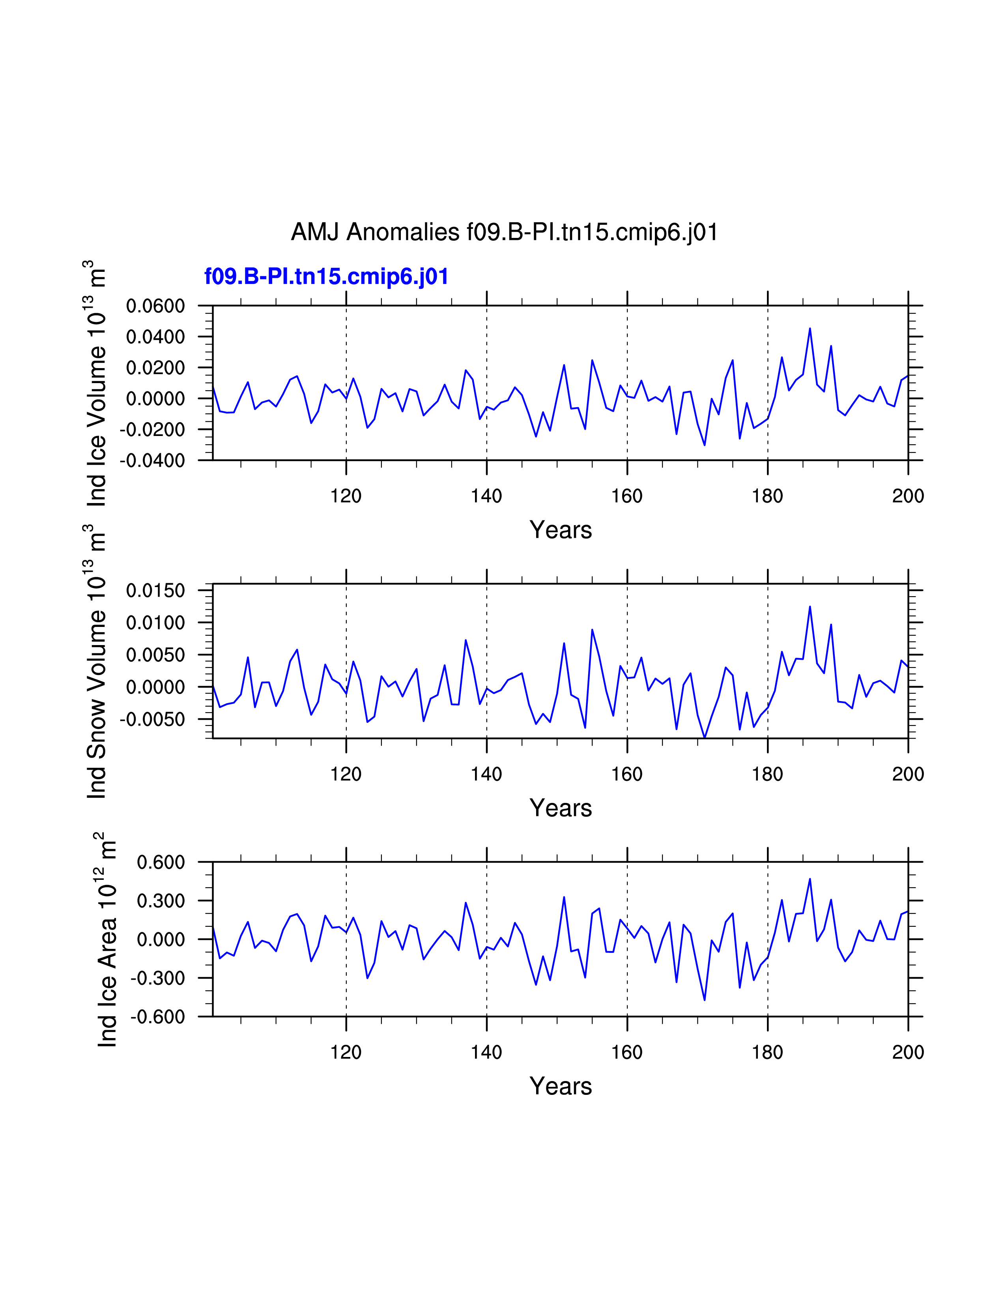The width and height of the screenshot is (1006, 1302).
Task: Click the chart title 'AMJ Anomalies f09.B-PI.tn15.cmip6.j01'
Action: coord(504,232)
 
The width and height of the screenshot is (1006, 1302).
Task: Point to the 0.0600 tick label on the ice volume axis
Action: coord(155,307)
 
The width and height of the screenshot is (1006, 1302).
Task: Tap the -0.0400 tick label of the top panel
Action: coord(153,461)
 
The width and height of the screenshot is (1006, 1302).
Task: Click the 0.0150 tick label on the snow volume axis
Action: coord(155,591)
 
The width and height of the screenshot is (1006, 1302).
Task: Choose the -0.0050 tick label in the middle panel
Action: coord(153,720)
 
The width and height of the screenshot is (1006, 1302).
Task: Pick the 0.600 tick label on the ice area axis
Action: coord(161,862)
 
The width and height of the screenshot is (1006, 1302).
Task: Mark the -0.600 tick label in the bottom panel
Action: coord(158,1017)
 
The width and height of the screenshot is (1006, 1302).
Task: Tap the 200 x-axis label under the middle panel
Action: coord(908,774)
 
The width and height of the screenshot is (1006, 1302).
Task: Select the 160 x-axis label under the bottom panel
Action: coord(627,1052)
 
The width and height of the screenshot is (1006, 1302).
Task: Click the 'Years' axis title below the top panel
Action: coord(560,530)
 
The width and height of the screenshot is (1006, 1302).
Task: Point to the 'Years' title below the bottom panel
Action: coord(560,1086)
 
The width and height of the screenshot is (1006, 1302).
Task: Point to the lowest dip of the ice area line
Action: coord(705,1000)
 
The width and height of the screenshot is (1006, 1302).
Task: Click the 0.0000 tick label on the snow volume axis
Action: coord(155,687)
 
